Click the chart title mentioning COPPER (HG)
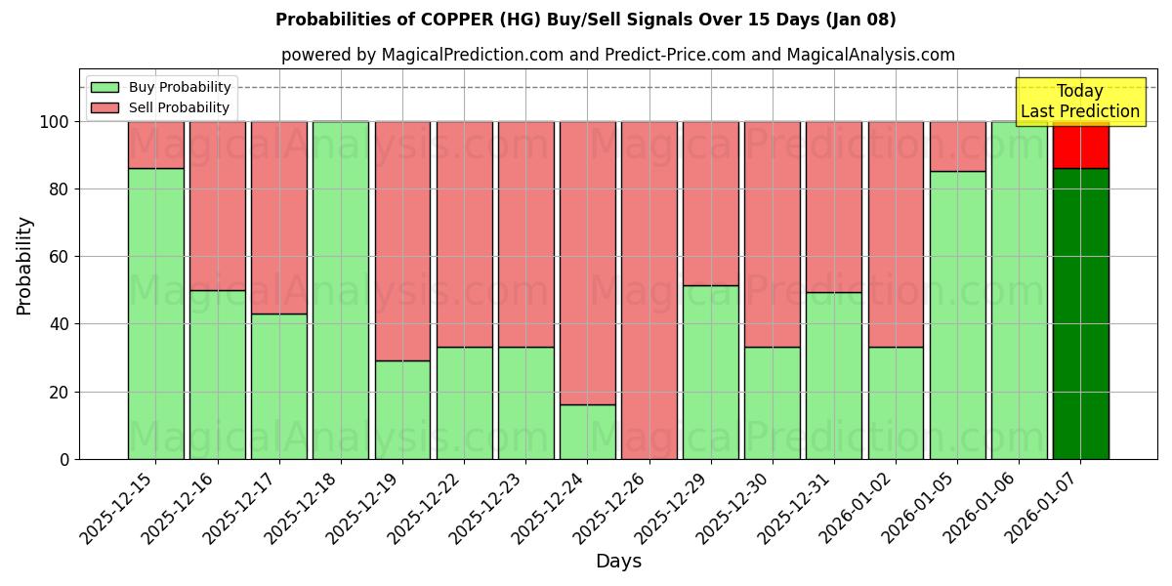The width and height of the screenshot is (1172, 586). click(x=585, y=20)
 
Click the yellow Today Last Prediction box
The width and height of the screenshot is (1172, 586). click(x=1080, y=102)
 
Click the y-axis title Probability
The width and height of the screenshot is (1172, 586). click(x=24, y=266)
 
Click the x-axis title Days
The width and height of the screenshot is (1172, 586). click(x=618, y=562)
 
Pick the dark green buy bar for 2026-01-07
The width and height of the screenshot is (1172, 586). click(x=1080, y=313)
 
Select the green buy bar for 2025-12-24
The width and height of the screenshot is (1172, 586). click(x=587, y=432)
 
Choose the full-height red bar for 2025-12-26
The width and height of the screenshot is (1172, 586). click(x=649, y=290)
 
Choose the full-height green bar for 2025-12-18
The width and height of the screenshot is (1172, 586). click(x=341, y=290)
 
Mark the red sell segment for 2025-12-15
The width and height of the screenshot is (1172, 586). click(x=155, y=145)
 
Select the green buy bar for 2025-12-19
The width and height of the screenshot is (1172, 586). click(x=402, y=410)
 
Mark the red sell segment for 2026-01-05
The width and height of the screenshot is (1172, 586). click(x=957, y=146)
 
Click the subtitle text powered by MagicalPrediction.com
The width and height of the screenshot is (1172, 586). click(x=618, y=55)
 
